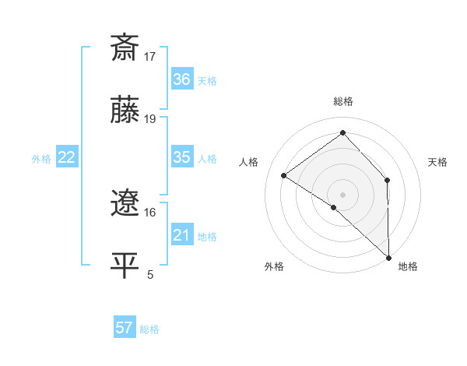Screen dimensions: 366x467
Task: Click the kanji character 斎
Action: coord(125,48)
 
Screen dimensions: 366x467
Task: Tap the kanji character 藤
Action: coord(125,111)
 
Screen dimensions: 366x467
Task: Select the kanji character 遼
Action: coord(125,203)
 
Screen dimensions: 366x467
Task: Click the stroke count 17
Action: coord(150,56)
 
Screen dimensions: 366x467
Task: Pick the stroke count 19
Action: coord(150,118)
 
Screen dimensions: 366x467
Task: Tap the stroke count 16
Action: coord(150,212)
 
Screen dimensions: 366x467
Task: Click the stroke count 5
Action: coord(150,274)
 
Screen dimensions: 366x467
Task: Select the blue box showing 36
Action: coord(181,79)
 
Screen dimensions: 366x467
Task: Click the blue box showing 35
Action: coord(181,157)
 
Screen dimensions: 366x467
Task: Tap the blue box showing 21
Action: coord(181,235)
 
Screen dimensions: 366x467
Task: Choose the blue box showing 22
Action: coord(67,157)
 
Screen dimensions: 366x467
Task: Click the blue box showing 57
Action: coord(125,328)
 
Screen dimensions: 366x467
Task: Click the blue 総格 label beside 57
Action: coord(149,329)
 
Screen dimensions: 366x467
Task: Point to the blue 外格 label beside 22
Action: coord(41,159)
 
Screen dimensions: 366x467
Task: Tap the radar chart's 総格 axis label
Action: coord(342,101)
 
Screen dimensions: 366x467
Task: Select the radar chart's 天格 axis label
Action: coord(438,162)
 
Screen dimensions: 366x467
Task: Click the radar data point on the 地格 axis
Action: coord(388,257)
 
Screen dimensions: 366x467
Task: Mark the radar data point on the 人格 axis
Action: coord(284,175)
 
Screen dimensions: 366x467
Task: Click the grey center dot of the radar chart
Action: coord(342,194)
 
